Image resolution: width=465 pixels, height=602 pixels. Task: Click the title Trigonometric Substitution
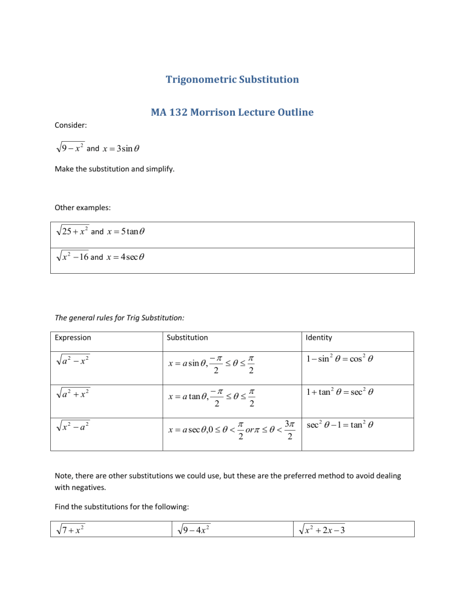232,79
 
